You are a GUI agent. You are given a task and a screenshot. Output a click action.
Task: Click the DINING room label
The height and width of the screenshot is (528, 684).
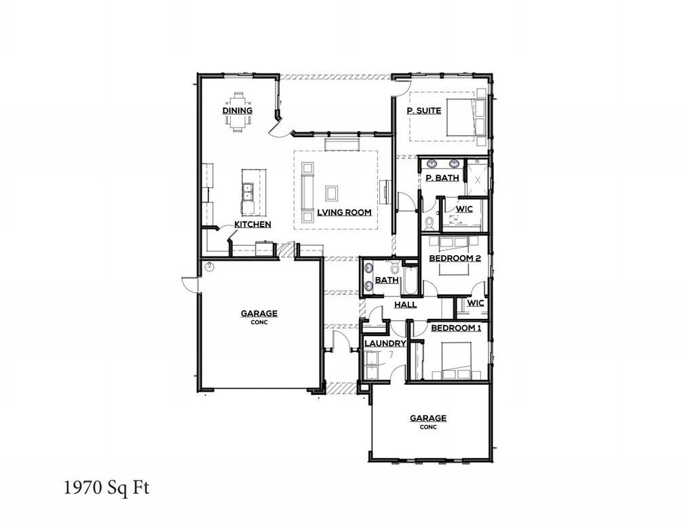(237, 111)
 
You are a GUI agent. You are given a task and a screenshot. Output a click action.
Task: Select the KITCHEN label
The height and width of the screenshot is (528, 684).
(252, 224)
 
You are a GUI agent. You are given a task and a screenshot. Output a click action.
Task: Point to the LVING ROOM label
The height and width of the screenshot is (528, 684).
(344, 212)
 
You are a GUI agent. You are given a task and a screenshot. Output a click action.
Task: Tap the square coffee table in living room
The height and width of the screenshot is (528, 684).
(332, 193)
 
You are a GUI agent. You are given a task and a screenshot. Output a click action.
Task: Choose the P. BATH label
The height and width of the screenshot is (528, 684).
(442, 178)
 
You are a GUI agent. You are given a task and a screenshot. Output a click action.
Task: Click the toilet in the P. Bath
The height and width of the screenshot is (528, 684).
(428, 222)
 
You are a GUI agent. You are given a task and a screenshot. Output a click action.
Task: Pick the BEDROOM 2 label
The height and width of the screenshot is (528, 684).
(455, 259)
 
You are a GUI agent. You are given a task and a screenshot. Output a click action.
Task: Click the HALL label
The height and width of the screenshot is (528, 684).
(405, 305)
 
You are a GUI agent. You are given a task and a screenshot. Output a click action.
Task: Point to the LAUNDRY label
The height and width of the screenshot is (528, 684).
(385, 343)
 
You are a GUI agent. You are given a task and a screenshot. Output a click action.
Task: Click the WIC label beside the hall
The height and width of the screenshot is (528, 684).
(475, 303)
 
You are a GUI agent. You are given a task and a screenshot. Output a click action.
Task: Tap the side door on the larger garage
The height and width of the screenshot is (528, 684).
(188, 284)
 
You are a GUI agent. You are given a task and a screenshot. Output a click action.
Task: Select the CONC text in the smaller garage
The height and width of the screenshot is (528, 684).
(427, 428)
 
